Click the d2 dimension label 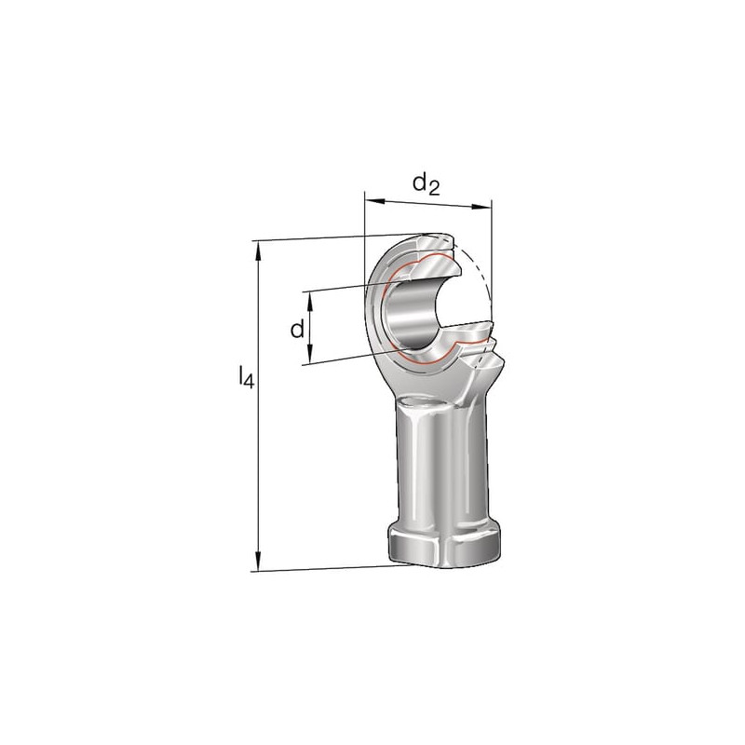pyautogui.click(x=427, y=183)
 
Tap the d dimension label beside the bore pyautogui.click(x=297, y=329)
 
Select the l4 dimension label pyautogui.click(x=247, y=377)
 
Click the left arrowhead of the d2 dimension pyautogui.click(x=374, y=201)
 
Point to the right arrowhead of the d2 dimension pyautogui.click(x=481, y=207)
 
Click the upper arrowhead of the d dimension pyautogui.click(x=310, y=301)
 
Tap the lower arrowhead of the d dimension pyautogui.click(x=310, y=355)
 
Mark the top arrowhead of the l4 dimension pyautogui.click(x=259, y=251)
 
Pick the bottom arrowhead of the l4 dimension pyautogui.click(x=259, y=561)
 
